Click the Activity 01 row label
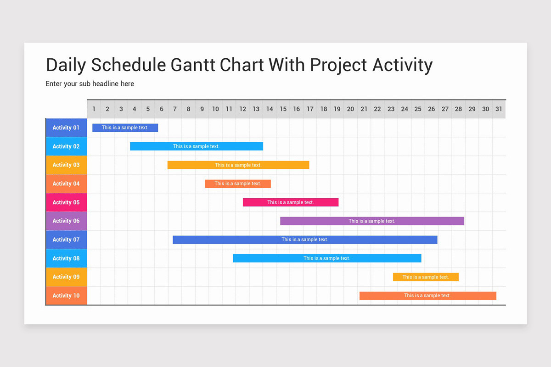pos(67,128)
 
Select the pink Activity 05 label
pos(67,202)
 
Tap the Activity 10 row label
pos(67,295)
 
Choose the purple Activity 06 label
pos(67,221)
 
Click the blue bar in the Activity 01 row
pos(125,128)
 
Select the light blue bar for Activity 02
pos(197,146)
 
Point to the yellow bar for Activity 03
pos(238,165)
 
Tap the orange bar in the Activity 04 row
pos(238,183)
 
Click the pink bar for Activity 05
pos(291,202)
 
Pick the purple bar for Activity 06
pos(372,221)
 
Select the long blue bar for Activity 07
pos(305,239)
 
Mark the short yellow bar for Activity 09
pos(426,277)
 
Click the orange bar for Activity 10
pos(428,296)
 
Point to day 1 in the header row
pos(94,109)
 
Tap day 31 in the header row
pos(499,109)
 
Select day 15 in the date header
pos(283,109)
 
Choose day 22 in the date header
pos(377,109)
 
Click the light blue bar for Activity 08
pos(327,258)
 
